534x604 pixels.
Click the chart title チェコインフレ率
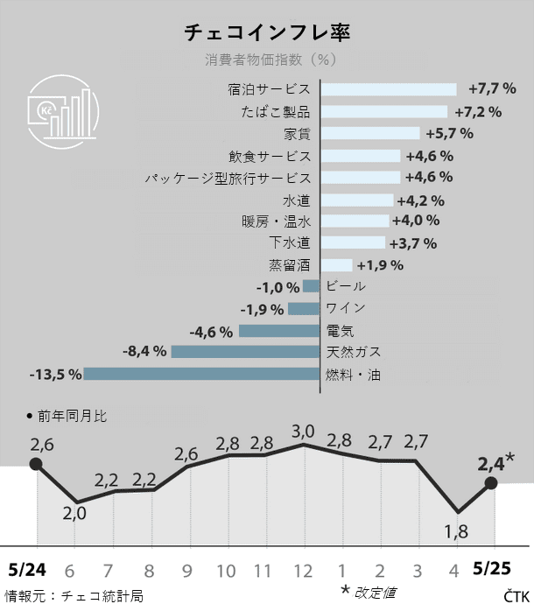(266, 33)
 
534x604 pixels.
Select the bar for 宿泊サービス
(389, 89)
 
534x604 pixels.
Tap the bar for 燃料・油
(202, 375)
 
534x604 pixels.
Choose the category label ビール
(345, 286)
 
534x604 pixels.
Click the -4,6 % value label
(211, 331)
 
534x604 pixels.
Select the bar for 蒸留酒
(337, 264)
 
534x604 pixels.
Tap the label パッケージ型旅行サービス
(228, 178)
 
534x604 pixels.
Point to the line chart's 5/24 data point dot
(36, 464)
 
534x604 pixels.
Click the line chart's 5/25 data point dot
(491, 482)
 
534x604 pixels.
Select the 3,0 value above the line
(303, 431)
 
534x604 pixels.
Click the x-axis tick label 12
(303, 571)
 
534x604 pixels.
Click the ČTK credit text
(516, 595)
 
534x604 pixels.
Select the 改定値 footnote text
(377, 593)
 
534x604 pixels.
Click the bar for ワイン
(304, 308)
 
